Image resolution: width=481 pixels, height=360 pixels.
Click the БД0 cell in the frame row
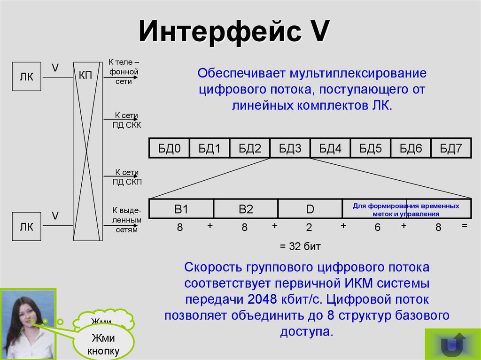(169, 149)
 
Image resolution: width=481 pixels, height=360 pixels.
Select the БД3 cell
(290, 149)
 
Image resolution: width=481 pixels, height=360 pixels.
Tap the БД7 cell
(451, 149)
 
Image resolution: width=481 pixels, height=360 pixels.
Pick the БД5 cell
(371, 149)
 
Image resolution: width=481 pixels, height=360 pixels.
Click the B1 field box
(181, 209)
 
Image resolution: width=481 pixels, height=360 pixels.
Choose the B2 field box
(246, 209)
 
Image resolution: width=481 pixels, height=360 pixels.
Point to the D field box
(310, 209)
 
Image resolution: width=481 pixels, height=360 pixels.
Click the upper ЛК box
(26, 76)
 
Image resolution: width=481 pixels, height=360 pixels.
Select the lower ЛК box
(26, 227)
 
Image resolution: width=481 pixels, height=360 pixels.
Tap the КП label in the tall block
(85, 75)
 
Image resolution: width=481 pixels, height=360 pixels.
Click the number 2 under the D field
(309, 228)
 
